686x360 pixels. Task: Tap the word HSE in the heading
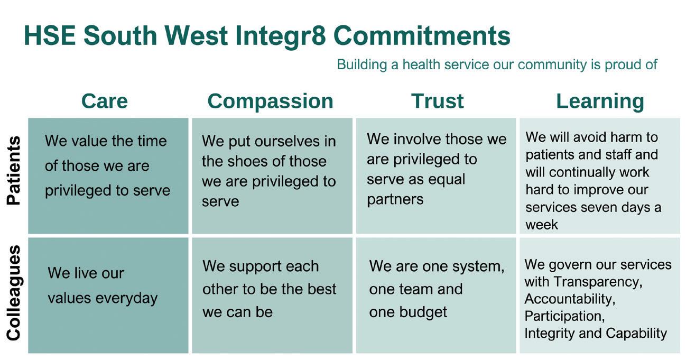pyautogui.click(x=50, y=35)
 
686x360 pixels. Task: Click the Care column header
pyautogui.click(x=105, y=101)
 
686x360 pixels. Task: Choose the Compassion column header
pyautogui.click(x=271, y=101)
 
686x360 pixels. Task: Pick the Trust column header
pyautogui.click(x=437, y=101)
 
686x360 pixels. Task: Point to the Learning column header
pyautogui.click(x=600, y=101)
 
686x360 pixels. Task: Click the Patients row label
pyautogui.click(x=14, y=170)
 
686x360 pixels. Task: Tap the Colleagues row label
pyautogui.click(x=14, y=293)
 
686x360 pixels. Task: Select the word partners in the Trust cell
pyautogui.click(x=395, y=200)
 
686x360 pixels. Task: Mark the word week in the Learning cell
pyautogui.click(x=542, y=225)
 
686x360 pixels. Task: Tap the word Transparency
pyautogui.click(x=598, y=282)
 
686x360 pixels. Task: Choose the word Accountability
pyautogui.click(x=570, y=299)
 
